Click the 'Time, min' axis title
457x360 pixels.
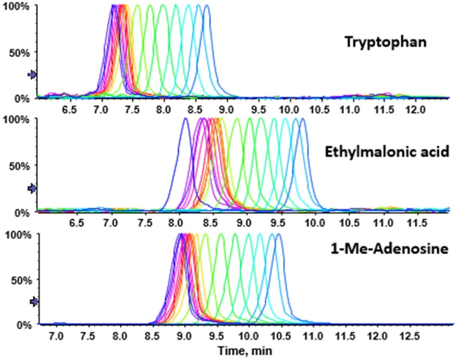(243, 349)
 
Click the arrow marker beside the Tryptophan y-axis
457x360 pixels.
(32, 75)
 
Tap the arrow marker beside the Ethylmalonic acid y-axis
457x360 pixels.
(32, 188)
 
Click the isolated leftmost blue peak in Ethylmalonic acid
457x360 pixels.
(185, 119)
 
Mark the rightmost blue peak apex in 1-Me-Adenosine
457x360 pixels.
(279, 234)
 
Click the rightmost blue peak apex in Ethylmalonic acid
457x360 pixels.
(303, 119)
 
